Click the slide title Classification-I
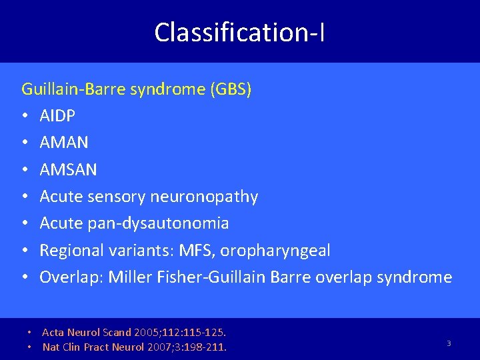pyautogui.click(x=240, y=31)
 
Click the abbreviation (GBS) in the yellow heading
pyautogui.click(x=231, y=89)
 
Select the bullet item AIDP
pyautogui.click(x=57, y=116)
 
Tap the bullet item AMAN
pyautogui.click(x=64, y=143)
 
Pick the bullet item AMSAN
pyautogui.click(x=68, y=169)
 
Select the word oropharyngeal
pyautogui.click(x=275, y=250)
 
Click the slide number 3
pyautogui.click(x=449, y=343)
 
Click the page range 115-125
pyautogui.click(x=205, y=332)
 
